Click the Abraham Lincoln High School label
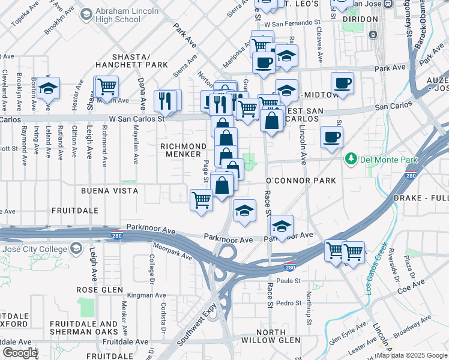point(122,16)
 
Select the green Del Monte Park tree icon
point(351,159)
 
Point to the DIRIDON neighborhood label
point(359,19)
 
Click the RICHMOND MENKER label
point(184,150)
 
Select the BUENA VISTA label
point(110,190)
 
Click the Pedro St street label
point(289,303)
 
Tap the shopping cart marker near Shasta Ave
point(107,86)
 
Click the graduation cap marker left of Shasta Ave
point(47,89)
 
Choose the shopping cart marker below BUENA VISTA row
point(201,200)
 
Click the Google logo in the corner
point(20,353)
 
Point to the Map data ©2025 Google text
point(411,355)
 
